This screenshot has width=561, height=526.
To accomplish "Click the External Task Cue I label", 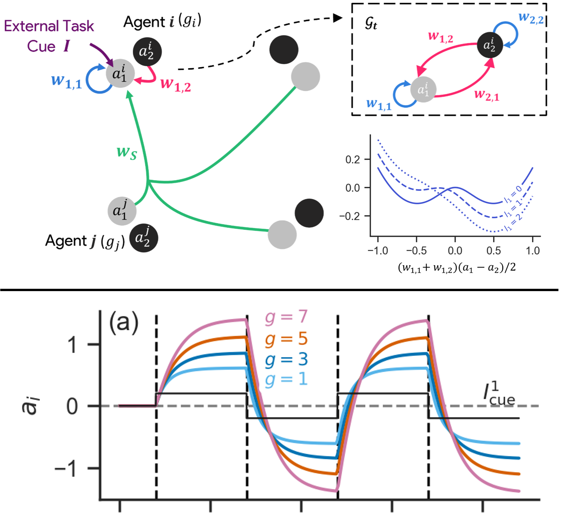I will (49, 36).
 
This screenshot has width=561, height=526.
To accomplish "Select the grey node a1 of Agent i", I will (120, 74).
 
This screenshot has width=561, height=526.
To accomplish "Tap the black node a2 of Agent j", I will (143, 238).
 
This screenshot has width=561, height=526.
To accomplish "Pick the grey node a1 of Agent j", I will (122, 211).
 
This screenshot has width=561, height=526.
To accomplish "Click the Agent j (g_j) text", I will (85, 241).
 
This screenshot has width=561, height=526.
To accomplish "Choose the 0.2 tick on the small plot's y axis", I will (353, 160).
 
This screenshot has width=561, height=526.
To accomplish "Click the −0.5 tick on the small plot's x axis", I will (416, 251).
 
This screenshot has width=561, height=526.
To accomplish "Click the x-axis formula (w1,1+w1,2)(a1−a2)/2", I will (457, 267).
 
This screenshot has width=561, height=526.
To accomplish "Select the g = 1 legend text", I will (286, 379).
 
